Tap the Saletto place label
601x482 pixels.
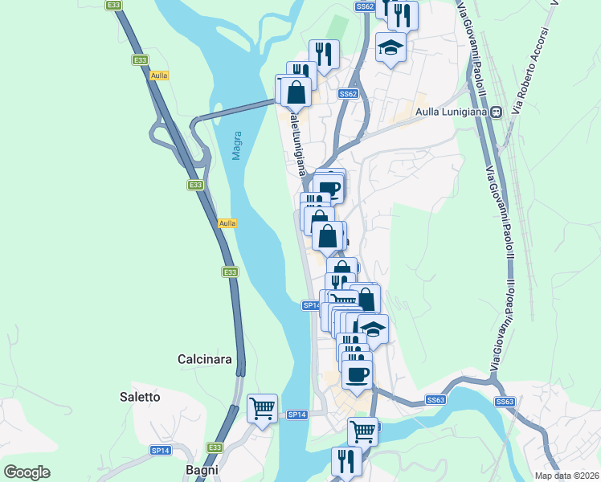pyautogui.click(x=140, y=397)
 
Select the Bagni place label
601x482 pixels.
pyautogui.click(x=202, y=469)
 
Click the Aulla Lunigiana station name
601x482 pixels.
pyautogui.click(x=452, y=112)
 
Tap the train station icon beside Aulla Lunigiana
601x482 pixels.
pyautogui.click(x=497, y=112)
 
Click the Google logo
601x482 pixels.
pyautogui.click(x=27, y=472)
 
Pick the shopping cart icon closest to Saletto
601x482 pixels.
pyautogui.click(x=263, y=408)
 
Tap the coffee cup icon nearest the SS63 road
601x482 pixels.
pyautogui.click(x=357, y=374)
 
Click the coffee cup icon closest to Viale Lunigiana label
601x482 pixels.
pyautogui.click(x=329, y=189)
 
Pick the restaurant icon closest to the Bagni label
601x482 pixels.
pyautogui.click(x=346, y=461)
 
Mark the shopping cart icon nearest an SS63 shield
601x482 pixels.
pyautogui.click(x=362, y=431)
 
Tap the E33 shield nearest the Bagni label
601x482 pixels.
pyautogui.click(x=215, y=447)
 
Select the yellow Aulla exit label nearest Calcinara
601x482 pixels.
pyautogui.click(x=227, y=223)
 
